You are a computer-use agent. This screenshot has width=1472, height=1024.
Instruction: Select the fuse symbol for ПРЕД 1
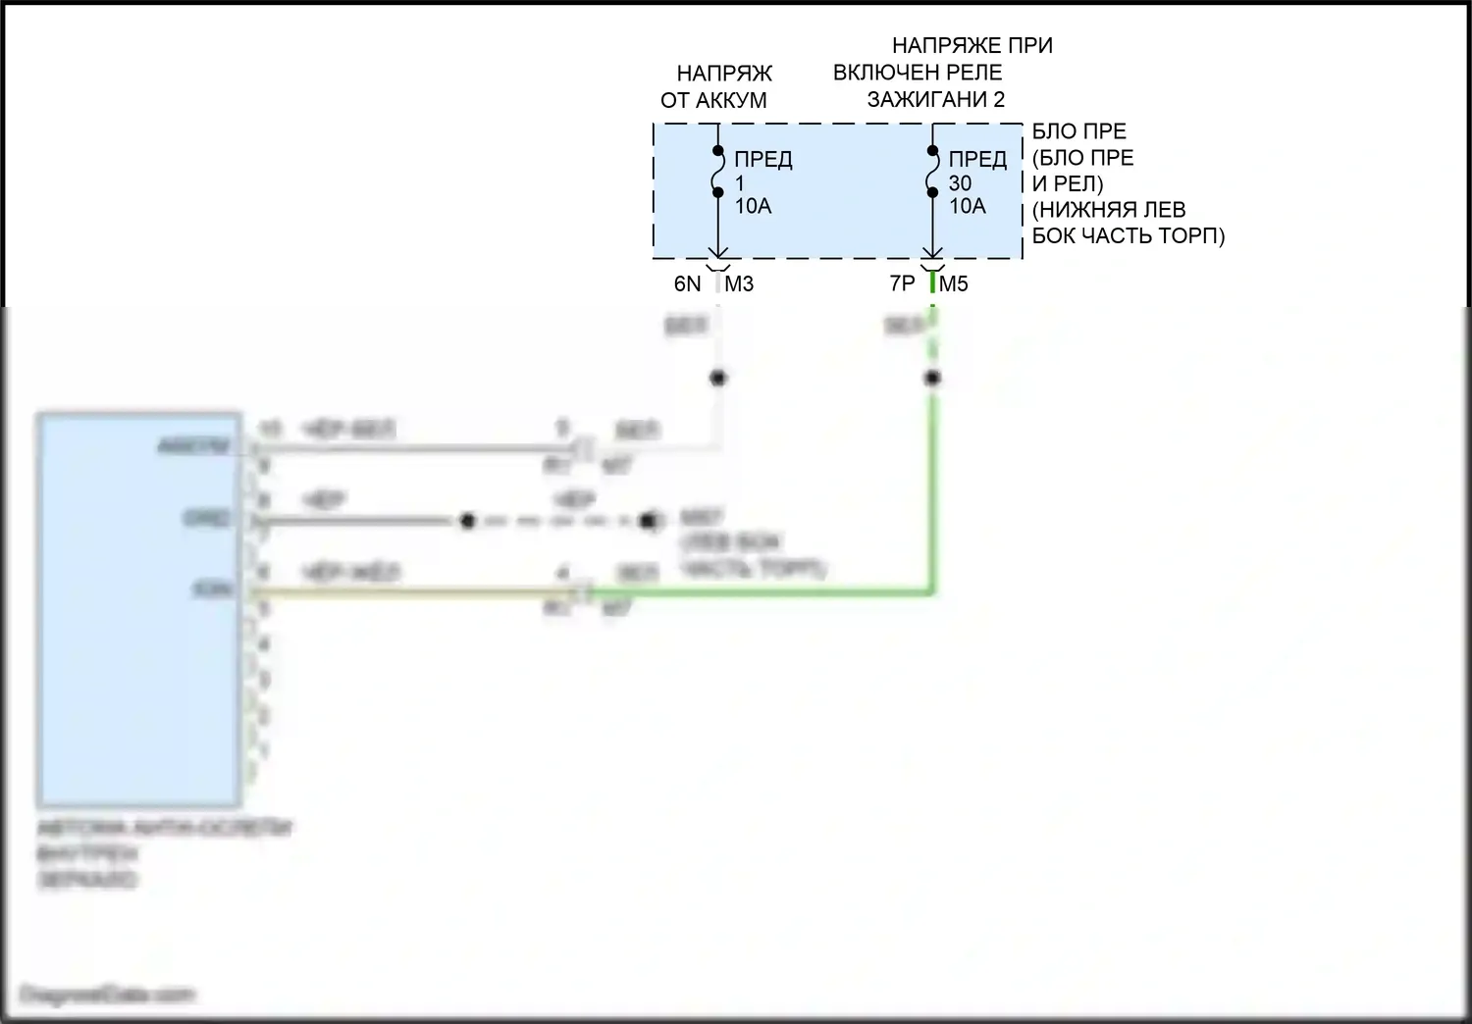click(718, 173)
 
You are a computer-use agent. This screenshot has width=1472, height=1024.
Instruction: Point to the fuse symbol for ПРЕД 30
click(932, 173)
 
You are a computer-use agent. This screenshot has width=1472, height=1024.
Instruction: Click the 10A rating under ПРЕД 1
click(754, 206)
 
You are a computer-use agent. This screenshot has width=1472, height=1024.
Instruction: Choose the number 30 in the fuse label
click(960, 183)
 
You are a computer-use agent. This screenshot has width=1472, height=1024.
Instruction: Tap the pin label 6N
click(687, 284)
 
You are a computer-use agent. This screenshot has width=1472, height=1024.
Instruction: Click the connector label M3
click(739, 284)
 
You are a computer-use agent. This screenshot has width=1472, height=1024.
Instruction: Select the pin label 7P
click(902, 284)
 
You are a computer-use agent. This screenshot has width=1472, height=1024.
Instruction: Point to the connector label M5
click(954, 284)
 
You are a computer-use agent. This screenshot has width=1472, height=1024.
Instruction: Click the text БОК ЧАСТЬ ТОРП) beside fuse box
click(1129, 236)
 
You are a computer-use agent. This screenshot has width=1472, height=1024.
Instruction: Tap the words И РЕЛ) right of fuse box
click(1068, 183)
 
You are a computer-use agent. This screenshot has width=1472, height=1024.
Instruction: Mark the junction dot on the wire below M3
click(718, 378)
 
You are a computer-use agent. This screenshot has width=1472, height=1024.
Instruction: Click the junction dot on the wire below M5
click(932, 378)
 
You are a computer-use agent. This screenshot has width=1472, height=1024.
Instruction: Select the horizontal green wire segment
click(765, 592)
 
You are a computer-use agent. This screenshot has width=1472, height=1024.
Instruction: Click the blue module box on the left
click(138, 608)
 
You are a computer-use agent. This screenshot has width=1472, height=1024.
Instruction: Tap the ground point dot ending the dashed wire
click(649, 521)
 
